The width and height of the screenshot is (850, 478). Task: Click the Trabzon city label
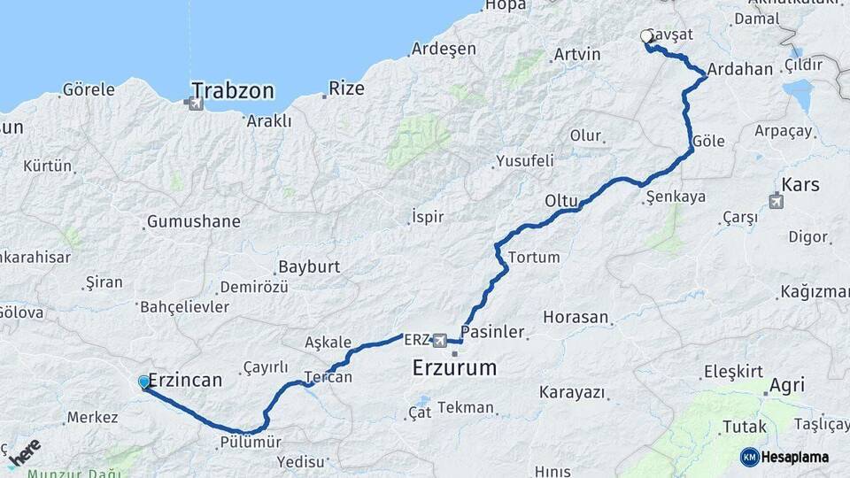(233, 90)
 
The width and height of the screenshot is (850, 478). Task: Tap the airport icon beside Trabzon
(195, 104)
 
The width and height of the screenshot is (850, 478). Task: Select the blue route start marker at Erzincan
(144, 382)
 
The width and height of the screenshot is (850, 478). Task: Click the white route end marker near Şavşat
(647, 36)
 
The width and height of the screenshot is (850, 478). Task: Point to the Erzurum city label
(455, 367)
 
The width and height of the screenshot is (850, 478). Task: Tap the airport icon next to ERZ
(439, 339)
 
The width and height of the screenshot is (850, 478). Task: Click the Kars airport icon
(777, 202)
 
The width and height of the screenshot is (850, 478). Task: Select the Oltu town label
(561, 201)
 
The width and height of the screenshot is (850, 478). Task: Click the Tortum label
(534, 258)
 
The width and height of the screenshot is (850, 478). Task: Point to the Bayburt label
(309, 266)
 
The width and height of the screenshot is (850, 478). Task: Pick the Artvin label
(576, 54)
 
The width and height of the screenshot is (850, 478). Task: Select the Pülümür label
(251, 441)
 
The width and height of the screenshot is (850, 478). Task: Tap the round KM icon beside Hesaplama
(749, 457)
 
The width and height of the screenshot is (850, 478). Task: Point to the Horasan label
(576, 316)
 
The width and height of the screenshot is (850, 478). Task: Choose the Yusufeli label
(524, 161)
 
